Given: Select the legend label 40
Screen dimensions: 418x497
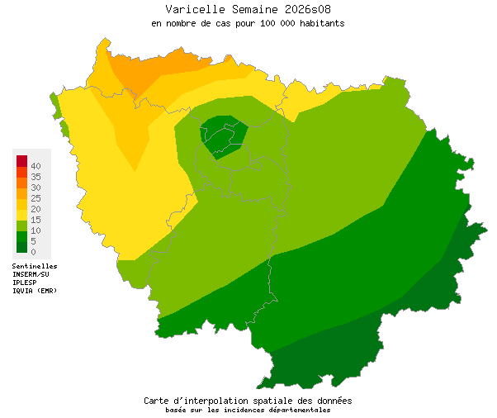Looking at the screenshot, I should (x=35, y=166).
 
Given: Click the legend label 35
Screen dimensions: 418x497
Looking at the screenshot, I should (x=35, y=177).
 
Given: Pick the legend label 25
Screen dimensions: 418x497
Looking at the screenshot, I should (x=35, y=198).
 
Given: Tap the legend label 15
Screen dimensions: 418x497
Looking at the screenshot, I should (x=35, y=220).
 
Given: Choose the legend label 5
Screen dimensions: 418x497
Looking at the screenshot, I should (x=33, y=241).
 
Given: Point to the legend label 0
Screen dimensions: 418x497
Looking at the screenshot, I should (x=33, y=252).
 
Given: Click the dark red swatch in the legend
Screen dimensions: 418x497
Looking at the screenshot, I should (x=21, y=160).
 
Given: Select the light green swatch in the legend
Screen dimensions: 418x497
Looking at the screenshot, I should (x=21, y=225).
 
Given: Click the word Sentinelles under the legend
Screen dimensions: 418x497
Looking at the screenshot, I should (x=35, y=267).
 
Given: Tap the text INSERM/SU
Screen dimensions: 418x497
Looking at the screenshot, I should (x=31, y=274).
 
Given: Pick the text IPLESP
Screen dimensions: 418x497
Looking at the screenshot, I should (x=25, y=283).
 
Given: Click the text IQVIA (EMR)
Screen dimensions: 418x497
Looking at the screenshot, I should (x=35, y=291).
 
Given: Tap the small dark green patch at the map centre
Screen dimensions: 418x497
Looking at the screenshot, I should (x=221, y=136).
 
